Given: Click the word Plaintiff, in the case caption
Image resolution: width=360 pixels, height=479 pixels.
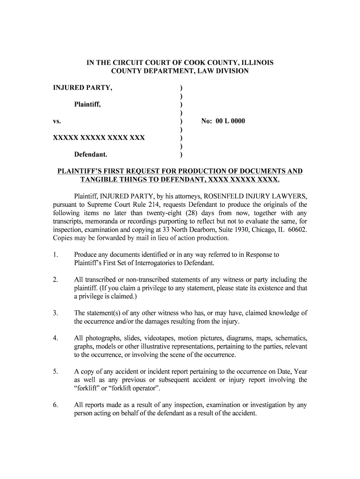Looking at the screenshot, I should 88,104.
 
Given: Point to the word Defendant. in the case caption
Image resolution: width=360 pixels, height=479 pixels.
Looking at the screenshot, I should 91,154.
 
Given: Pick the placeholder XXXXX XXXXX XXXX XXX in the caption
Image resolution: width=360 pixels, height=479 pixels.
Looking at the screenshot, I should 99,138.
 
